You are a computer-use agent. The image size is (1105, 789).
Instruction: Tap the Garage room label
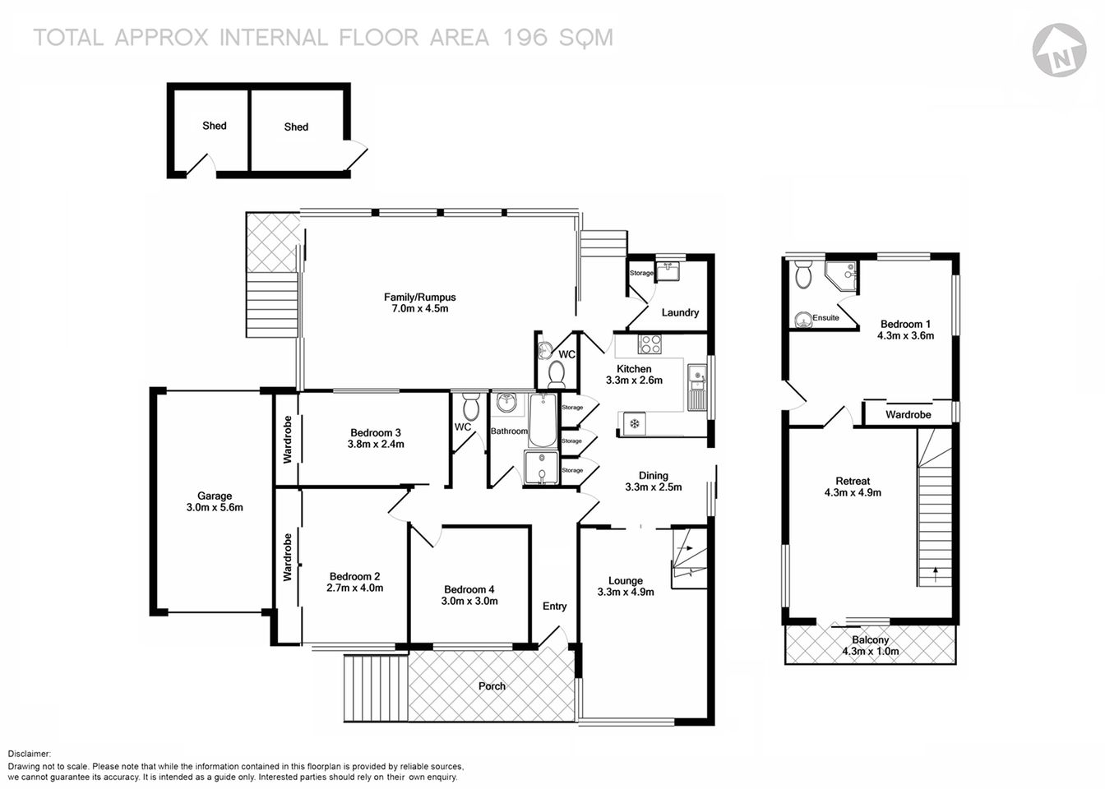point(215,496)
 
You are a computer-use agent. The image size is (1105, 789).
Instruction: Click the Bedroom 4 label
point(469,589)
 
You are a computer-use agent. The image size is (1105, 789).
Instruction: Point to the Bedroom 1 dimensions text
point(906,335)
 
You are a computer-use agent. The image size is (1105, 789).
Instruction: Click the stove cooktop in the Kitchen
point(651,344)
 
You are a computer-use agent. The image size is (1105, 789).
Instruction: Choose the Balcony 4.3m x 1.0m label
point(870,645)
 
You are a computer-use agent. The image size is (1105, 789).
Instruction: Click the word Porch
point(492,686)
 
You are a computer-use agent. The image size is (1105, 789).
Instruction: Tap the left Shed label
point(215,126)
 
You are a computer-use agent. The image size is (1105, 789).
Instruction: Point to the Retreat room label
point(853,482)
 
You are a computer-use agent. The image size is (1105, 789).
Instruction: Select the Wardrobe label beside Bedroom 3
point(288,440)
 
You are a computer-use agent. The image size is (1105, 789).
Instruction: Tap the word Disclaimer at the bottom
point(30,754)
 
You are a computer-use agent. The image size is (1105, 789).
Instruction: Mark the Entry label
point(554,607)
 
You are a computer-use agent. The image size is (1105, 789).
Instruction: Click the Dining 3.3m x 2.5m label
point(654,481)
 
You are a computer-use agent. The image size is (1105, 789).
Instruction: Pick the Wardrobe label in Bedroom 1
point(908,415)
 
